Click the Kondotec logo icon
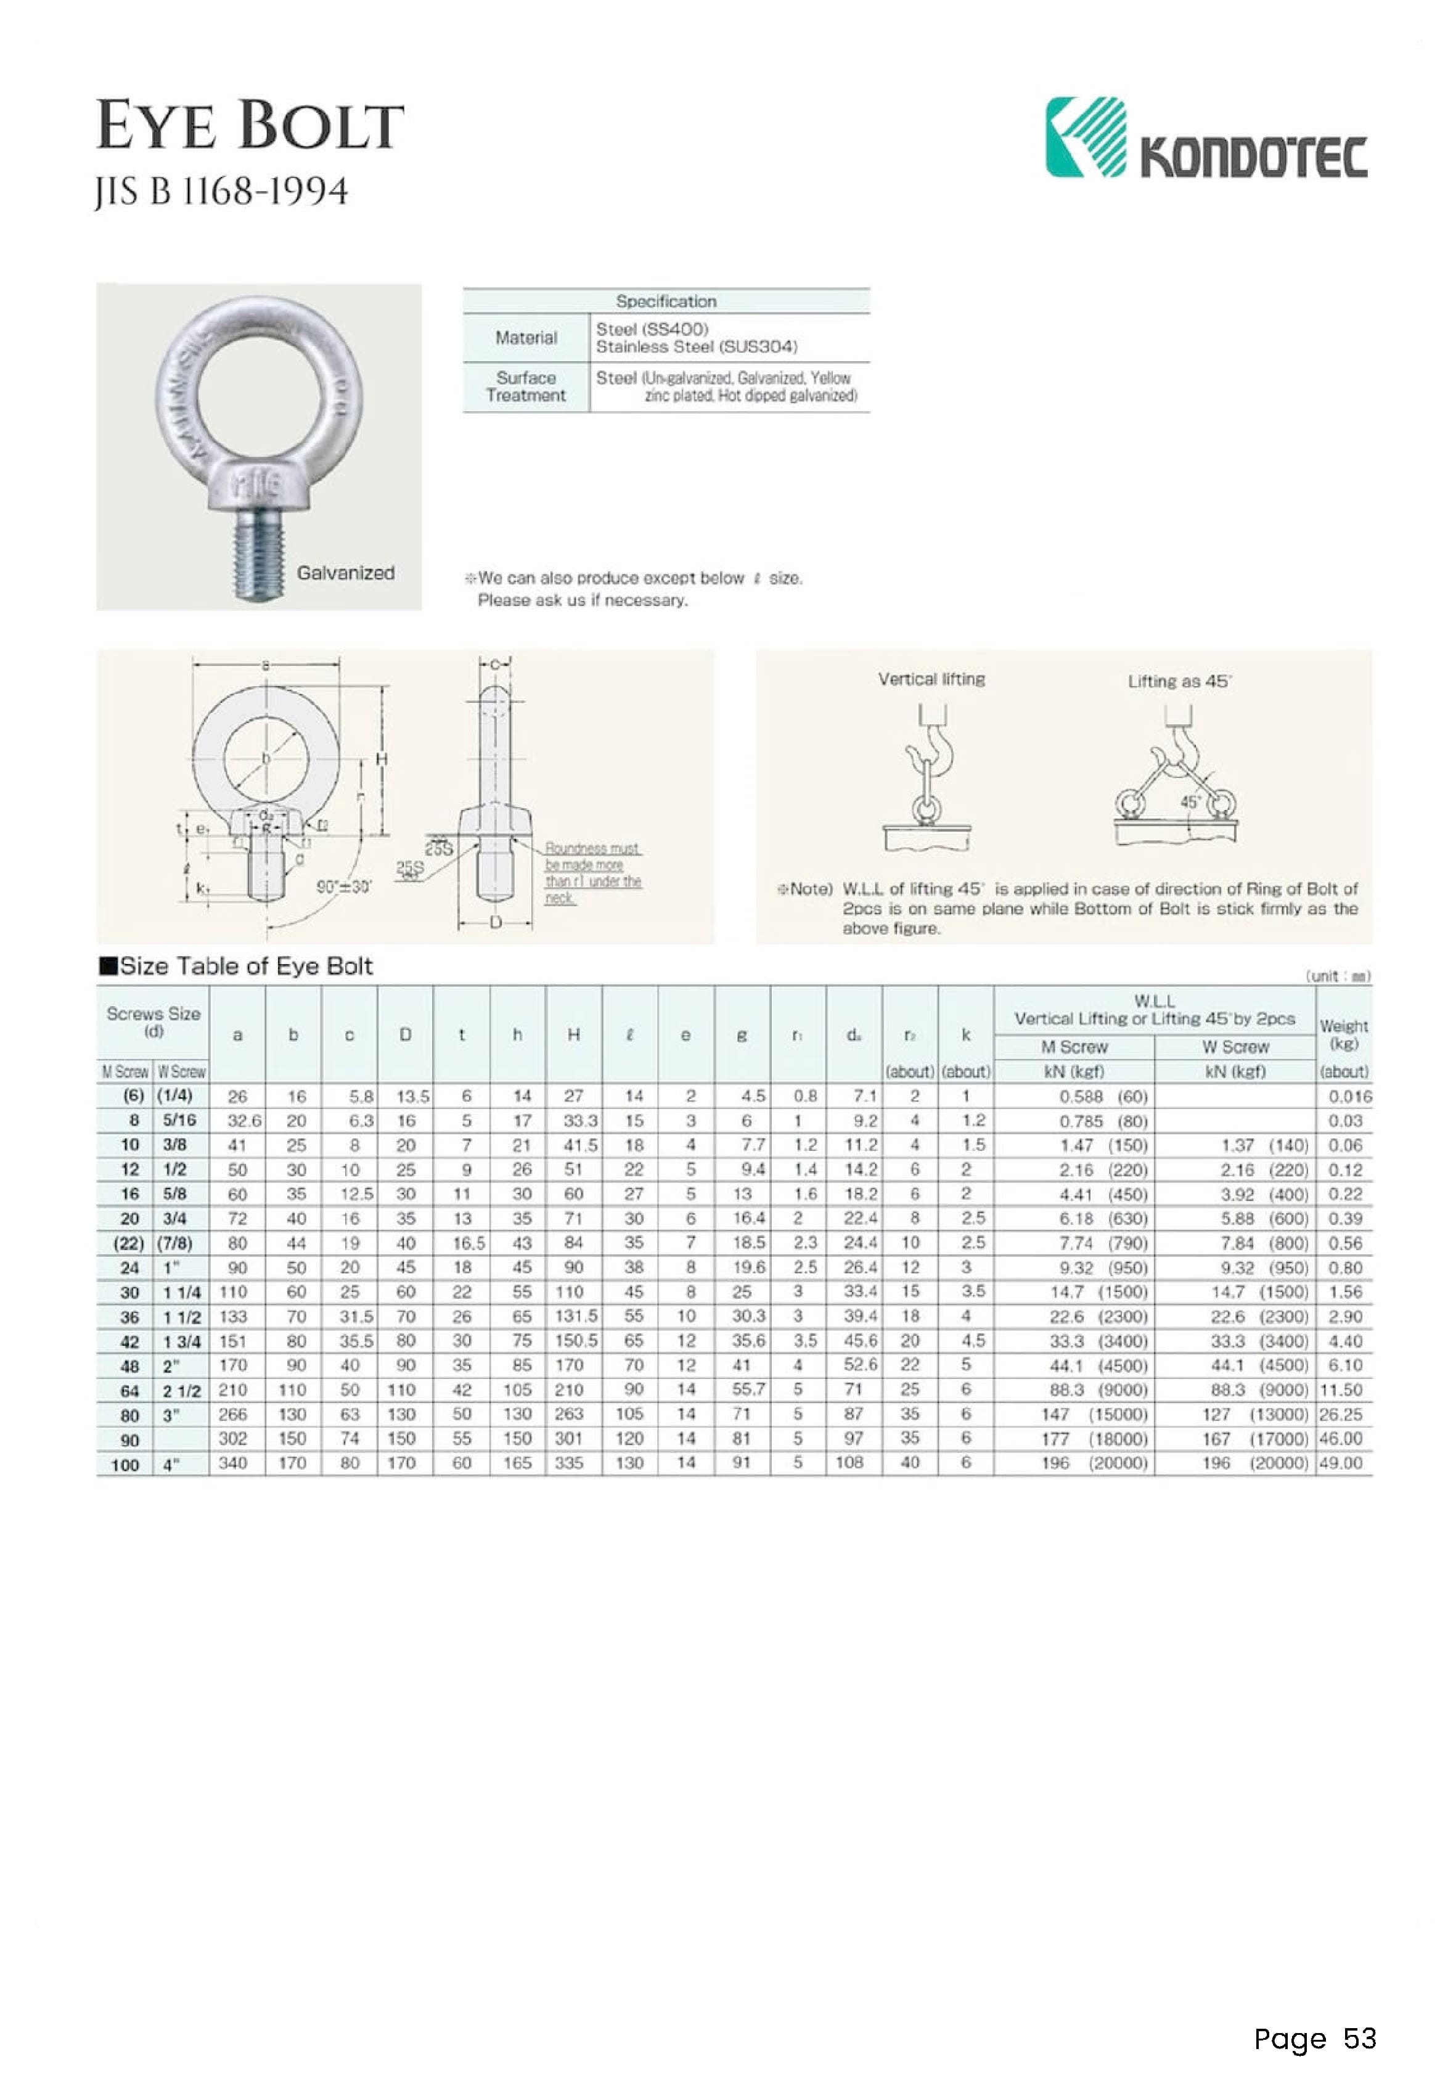click(1086, 137)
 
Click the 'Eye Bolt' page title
click(250, 126)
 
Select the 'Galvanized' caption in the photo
click(346, 573)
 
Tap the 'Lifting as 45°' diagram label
click(1179, 682)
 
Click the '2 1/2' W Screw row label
click(179, 1390)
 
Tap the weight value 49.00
click(1340, 1463)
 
